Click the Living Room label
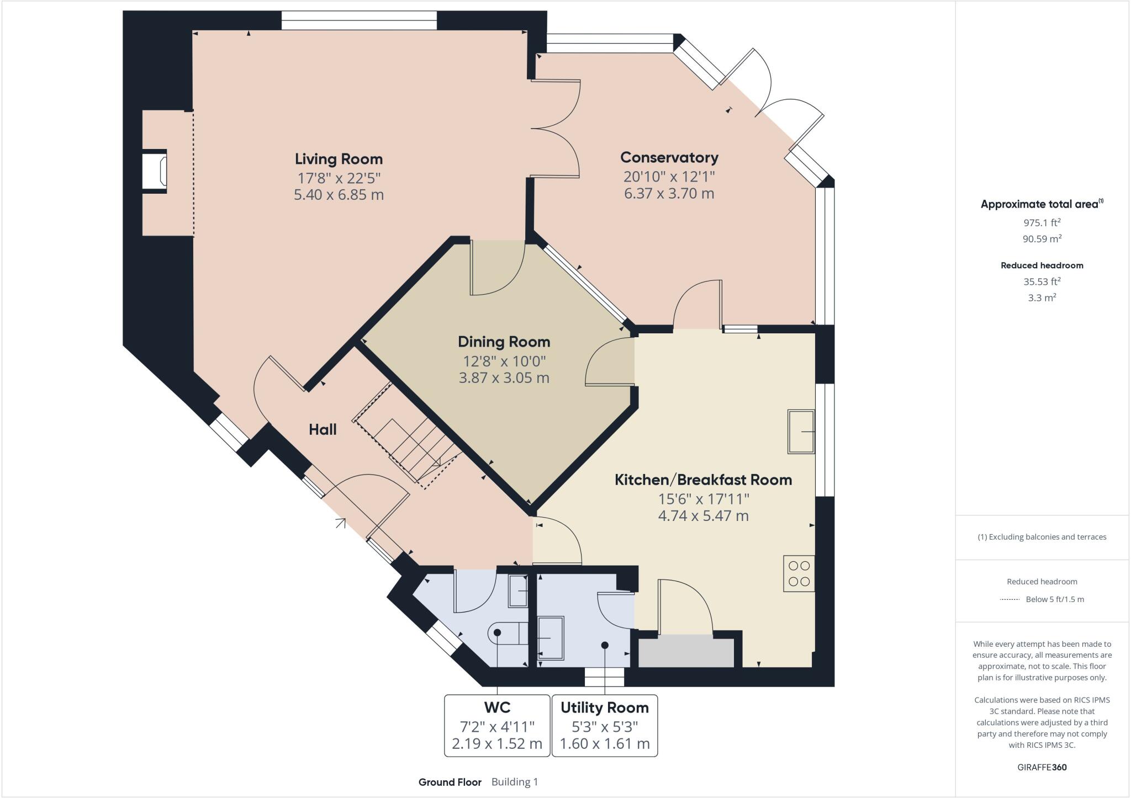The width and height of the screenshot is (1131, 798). [339, 159]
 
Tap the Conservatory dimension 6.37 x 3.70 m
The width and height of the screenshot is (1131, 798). [669, 194]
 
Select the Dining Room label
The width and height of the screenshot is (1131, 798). [504, 342]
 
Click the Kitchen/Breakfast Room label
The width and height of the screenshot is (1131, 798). [703, 480]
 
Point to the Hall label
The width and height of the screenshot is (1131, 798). [323, 430]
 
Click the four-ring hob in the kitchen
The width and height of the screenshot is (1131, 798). [799, 573]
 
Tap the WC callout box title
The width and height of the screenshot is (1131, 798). [497, 707]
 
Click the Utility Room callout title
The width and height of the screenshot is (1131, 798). [605, 707]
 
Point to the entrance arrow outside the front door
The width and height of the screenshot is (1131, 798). [341, 523]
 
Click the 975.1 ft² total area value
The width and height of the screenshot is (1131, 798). [1042, 223]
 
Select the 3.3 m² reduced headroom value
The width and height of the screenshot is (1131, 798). [1042, 298]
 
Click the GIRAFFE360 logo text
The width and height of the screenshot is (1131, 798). [1042, 767]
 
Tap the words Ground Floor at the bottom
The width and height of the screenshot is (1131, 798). [450, 782]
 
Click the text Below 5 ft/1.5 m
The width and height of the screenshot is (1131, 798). [1054, 599]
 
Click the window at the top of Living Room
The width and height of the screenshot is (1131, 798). [359, 20]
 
